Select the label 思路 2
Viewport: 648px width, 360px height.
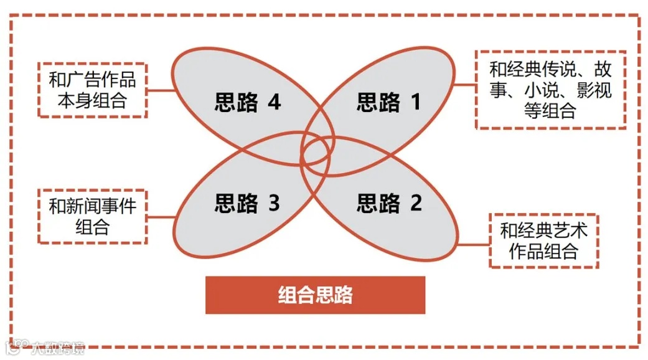(389, 203)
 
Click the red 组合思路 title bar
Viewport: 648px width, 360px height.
(315, 295)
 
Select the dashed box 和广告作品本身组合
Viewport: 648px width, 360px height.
(92, 90)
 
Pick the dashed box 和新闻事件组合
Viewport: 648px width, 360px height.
(92, 216)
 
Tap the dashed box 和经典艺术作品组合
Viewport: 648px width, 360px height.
(543, 240)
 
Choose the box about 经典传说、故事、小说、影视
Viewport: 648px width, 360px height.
(550, 90)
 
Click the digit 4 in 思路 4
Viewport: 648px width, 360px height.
(274, 102)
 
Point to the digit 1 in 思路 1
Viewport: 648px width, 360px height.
(415, 102)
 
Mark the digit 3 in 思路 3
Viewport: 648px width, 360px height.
(274, 203)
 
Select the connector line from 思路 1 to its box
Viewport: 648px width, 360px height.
(464, 83)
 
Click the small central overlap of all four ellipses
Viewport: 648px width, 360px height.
(316, 151)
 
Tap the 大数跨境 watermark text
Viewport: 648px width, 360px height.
(57, 348)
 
